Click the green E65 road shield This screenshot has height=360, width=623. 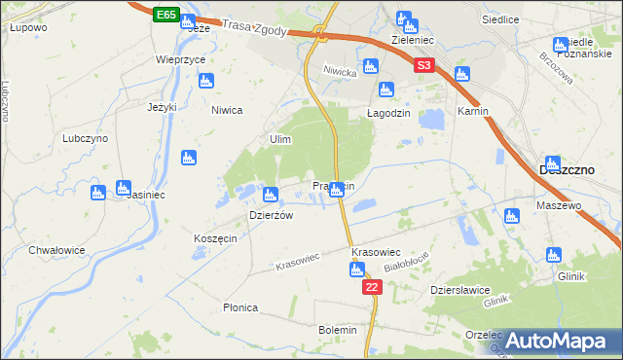pyautogui.click(x=165, y=15)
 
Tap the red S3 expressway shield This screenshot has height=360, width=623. pyautogui.click(x=423, y=66)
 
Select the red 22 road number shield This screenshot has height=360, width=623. pyautogui.click(x=373, y=288)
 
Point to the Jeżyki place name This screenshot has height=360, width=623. pyautogui.click(x=162, y=107)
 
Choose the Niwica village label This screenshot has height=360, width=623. pyautogui.click(x=226, y=110)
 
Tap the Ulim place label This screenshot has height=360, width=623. pyautogui.click(x=280, y=140)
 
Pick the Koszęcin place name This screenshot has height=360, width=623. pyautogui.click(x=215, y=239)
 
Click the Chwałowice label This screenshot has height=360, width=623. pyautogui.click(x=56, y=250)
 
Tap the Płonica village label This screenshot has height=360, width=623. pyautogui.click(x=240, y=307)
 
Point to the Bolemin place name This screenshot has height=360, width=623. pyautogui.click(x=338, y=330)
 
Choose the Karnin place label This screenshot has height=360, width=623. pyautogui.click(x=472, y=111)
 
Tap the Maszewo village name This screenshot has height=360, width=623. pyautogui.click(x=559, y=206)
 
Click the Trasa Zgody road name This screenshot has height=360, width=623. pyautogui.click(x=254, y=29)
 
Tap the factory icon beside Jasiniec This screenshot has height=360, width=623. pyautogui.click(x=123, y=188)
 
